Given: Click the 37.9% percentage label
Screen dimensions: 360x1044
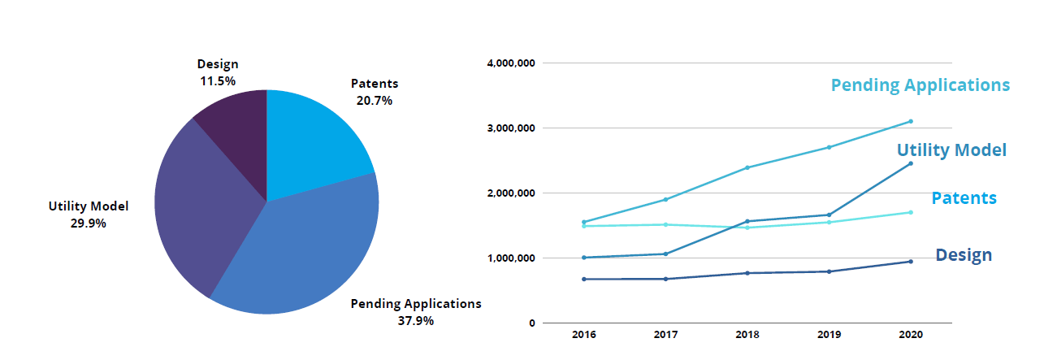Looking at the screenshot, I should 415,321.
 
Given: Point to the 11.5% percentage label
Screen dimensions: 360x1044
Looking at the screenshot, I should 217,81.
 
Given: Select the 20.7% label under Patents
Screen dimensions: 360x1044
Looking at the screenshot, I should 374,101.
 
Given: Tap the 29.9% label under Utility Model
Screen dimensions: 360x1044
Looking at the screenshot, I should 88,223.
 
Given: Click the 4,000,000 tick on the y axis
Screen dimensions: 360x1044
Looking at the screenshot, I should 510,63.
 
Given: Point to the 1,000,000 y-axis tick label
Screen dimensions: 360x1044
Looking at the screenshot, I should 510,258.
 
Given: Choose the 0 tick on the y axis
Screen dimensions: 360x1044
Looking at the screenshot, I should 531,323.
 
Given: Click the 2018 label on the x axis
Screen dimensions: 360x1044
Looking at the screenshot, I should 747,335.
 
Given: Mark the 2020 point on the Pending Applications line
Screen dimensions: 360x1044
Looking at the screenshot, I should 911,121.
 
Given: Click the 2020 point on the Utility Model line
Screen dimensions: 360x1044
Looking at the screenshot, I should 911,163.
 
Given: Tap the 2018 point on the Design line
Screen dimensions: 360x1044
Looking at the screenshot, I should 747,273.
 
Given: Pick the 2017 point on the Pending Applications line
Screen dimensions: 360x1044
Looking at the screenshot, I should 665,199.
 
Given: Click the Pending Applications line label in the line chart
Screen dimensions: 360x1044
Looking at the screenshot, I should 920,85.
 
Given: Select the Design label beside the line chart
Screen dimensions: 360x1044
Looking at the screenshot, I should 964,255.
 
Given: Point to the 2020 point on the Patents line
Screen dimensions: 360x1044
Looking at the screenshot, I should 911,212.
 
